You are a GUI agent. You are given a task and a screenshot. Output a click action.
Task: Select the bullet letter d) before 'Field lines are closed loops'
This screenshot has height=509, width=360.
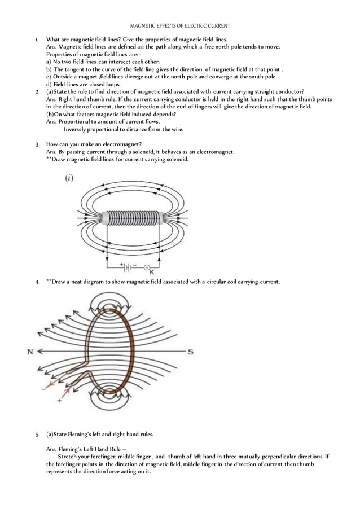(49, 84)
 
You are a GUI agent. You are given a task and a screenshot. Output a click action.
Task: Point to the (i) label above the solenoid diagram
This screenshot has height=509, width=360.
(69, 178)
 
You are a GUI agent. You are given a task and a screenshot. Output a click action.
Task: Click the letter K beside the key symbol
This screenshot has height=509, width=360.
(152, 272)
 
